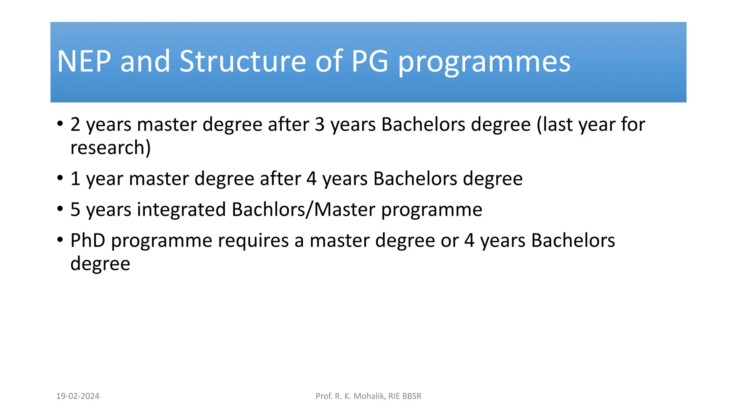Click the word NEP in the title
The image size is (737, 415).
[84, 61]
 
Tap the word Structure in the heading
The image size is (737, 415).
[243, 61]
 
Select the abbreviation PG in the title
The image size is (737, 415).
[370, 61]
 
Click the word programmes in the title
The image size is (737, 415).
[484, 63]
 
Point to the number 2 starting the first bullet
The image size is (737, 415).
[75, 125]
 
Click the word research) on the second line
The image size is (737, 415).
[110, 148]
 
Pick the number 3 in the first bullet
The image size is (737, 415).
[320, 125]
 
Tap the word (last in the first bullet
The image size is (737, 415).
[554, 125]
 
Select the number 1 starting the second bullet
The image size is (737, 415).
[75, 179]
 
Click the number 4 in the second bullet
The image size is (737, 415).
[312, 179]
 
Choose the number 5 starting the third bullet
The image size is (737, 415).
[75, 210]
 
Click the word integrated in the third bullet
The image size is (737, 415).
[181, 210]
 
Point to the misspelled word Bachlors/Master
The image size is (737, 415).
[303, 210]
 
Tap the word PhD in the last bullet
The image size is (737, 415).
[88, 241]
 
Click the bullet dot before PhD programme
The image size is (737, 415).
[60, 239]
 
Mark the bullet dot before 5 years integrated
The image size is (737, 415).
[60, 208]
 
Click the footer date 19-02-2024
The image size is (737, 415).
[78, 396]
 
